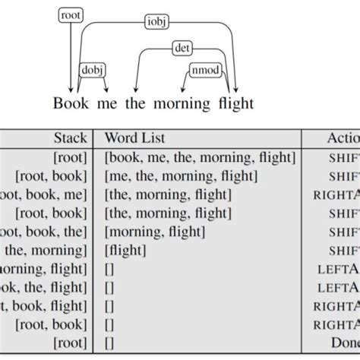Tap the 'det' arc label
click(x=182, y=49)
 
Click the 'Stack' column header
click(x=71, y=139)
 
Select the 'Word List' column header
click(x=134, y=139)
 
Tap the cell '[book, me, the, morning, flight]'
click(x=199, y=158)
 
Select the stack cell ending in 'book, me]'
click(x=46, y=194)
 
